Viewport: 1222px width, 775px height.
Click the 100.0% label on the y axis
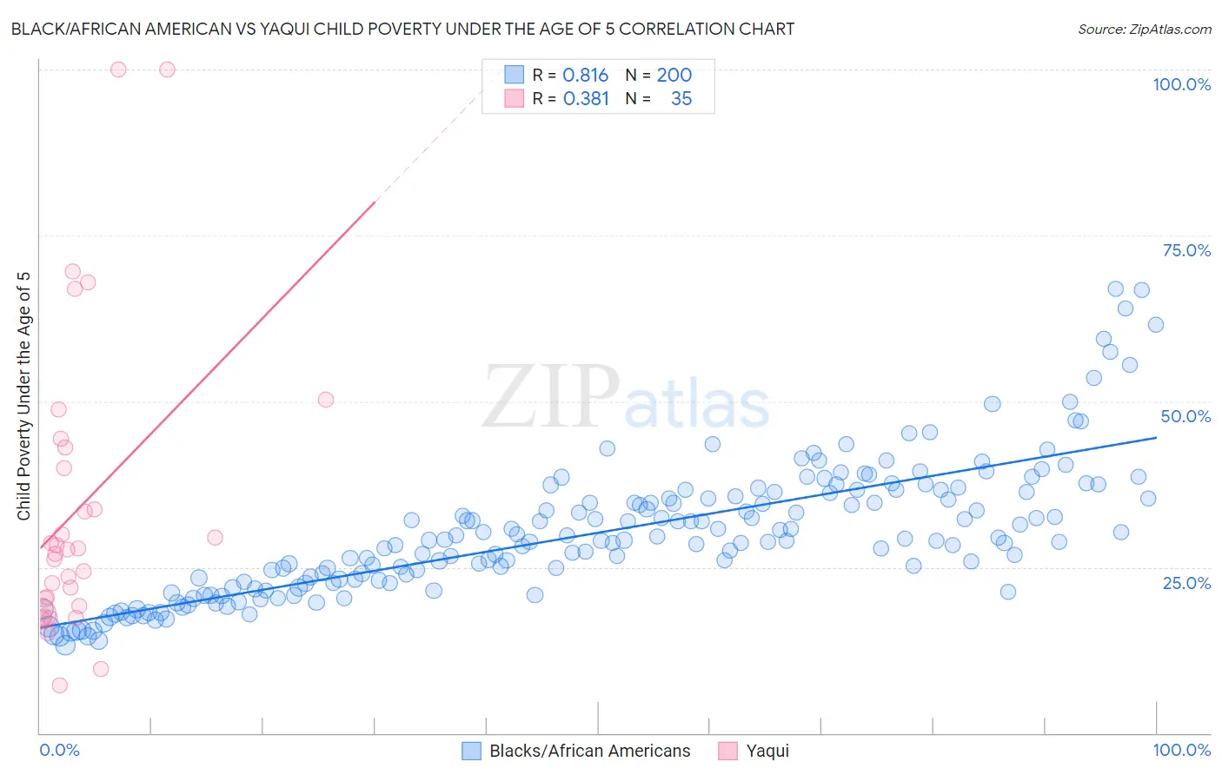[x=1181, y=84]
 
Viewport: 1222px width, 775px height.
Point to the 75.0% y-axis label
[x=1186, y=250]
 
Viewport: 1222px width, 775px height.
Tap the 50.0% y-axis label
[x=1185, y=416]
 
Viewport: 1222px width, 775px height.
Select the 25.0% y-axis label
[x=1186, y=582]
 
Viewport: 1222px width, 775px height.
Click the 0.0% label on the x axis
[x=59, y=750]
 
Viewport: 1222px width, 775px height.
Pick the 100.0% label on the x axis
[x=1181, y=750]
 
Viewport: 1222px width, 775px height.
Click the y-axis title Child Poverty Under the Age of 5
[x=23, y=396]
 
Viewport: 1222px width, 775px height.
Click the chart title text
[x=402, y=29]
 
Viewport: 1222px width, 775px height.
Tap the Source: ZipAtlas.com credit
[x=1144, y=29]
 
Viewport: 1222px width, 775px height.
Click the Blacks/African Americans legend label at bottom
[x=589, y=751]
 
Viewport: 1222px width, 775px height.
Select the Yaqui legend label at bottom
[x=767, y=751]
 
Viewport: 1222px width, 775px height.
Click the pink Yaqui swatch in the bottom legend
[x=727, y=751]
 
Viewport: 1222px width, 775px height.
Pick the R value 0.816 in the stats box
[x=585, y=75]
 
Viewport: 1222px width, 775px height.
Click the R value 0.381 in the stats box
[x=586, y=98]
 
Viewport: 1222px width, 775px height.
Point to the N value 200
[x=674, y=75]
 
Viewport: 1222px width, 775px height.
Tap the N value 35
[x=681, y=98]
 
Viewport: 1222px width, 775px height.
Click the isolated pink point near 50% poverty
[x=326, y=400]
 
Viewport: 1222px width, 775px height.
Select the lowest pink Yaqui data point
[x=59, y=686]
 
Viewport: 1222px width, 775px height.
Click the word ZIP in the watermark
[x=551, y=398]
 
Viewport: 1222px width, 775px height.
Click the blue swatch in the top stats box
[x=515, y=75]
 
